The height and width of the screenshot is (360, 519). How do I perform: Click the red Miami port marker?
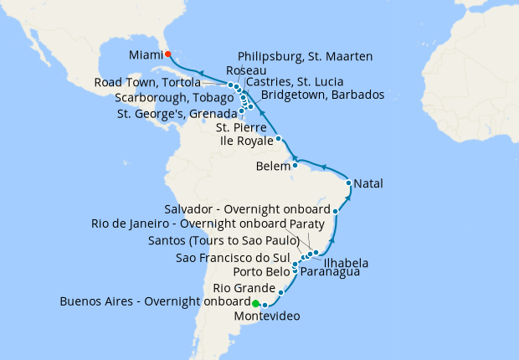point(167,54)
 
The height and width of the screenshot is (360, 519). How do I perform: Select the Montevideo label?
point(266,316)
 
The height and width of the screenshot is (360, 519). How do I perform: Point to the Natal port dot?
point(349,182)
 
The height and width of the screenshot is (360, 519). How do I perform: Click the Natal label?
point(369,182)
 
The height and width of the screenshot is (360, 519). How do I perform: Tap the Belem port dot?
point(295,165)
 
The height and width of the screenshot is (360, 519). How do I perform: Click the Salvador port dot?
point(336,211)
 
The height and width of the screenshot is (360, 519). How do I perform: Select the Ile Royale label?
point(246,141)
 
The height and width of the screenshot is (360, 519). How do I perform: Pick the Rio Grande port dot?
point(281,292)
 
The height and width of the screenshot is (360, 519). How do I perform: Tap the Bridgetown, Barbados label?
point(323,95)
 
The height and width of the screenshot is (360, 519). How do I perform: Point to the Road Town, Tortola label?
point(147,83)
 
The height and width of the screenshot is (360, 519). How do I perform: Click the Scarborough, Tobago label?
point(174,98)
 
